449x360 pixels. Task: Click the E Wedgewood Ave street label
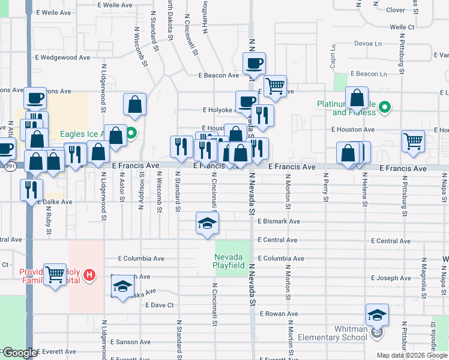point(62,58)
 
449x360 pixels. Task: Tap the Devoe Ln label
point(368,44)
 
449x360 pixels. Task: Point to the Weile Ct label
point(402,27)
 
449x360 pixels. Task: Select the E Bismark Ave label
point(279,221)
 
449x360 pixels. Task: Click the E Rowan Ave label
point(279,314)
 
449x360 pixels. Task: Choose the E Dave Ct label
point(159,305)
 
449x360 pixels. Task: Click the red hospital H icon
point(89,275)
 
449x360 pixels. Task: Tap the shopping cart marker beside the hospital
point(55,274)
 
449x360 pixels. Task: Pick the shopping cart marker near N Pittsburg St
point(413,142)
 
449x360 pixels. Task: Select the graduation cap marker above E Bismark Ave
point(207,223)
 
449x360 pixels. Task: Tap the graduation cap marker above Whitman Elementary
point(377,314)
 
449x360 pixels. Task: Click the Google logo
point(19,353)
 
